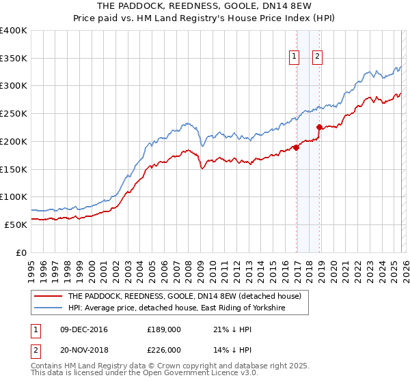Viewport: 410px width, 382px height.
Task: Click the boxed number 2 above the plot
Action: point(318,57)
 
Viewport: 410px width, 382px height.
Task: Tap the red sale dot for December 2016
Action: point(296,147)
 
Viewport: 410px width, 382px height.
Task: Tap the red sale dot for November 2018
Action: point(319,127)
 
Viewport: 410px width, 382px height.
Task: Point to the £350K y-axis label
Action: point(14,59)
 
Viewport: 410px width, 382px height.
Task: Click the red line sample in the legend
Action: point(48,296)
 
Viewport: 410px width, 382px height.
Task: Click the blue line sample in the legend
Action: point(48,308)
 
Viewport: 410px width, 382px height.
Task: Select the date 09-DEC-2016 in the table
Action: point(83,329)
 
